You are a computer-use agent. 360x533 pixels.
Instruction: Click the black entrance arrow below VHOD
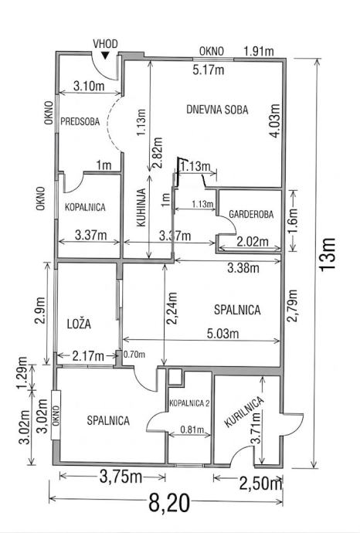tap(106, 56)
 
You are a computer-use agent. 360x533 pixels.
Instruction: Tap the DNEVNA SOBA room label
tap(217, 110)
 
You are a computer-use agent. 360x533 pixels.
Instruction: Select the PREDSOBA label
tap(80, 121)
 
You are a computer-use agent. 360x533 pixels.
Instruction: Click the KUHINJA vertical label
tap(141, 207)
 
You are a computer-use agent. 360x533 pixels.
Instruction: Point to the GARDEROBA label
tap(251, 214)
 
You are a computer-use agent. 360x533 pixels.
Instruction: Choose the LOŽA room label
tap(80, 324)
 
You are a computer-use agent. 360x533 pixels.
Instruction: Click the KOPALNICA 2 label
tap(189, 403)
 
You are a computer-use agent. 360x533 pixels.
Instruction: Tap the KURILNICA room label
tap(244, 412)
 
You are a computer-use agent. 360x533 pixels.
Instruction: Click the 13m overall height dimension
tap(328, 254)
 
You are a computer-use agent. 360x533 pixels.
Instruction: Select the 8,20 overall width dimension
tap(169, 503)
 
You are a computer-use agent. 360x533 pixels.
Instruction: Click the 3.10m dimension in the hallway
tap(89, 87)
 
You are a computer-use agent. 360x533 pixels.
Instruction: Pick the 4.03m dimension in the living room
tap(274, 121)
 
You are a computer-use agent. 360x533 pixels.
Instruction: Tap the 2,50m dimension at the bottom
tap(261, 484)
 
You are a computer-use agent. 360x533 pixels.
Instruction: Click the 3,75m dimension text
tap(121, 477)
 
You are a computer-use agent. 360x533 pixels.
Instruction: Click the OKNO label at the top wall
tap(212, 51)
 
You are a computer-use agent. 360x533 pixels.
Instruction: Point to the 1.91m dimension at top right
tap(259, 51)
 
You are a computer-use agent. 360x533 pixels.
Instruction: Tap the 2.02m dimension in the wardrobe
tap(253, 242)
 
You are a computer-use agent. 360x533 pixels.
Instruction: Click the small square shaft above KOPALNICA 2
tap(176, 377)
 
